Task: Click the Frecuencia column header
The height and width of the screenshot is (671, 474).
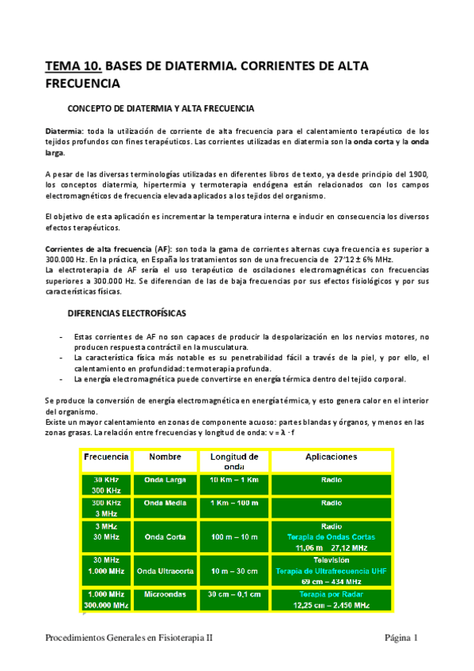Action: click(106, 457)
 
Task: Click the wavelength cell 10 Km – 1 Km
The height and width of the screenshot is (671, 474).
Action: click(233, 480)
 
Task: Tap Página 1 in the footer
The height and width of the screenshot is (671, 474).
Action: click(401, 638)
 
